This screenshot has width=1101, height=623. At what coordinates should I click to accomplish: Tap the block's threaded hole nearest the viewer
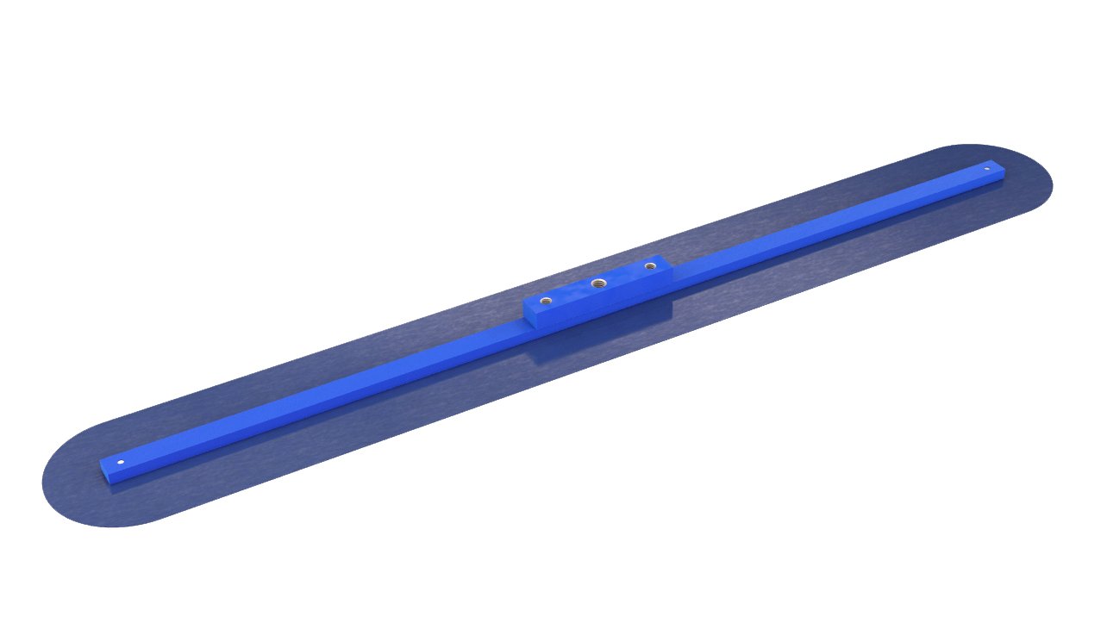pyautogui.click(x=546, y=301)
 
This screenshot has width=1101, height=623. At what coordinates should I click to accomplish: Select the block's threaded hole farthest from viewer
pyautogui.click(x=650, y=266)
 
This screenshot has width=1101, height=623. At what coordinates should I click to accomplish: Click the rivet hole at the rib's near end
pyautogui.click(x=121, y=463)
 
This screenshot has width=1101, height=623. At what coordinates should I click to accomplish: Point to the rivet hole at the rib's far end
pyautogui.click(x=987, y=169)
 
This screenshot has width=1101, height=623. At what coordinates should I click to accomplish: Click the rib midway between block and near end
pyautogui.click(x=319, y=397)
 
